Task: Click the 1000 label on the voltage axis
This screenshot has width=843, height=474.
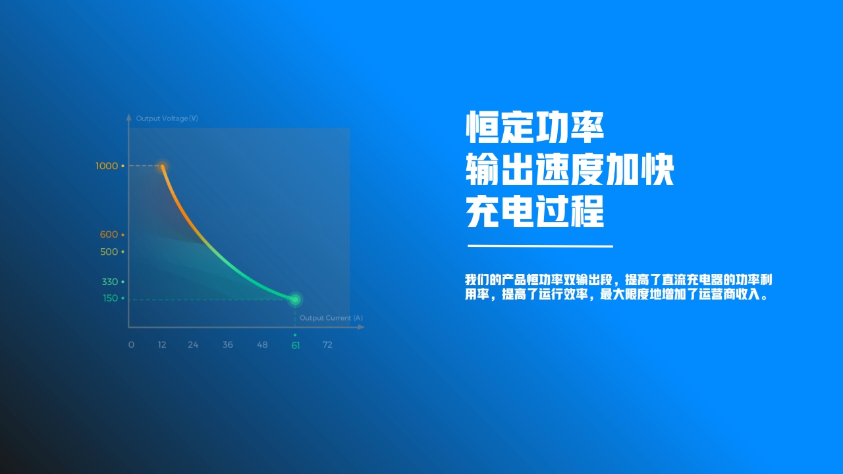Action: pos(107,166)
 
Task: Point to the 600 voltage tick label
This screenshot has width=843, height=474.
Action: pos(109,234)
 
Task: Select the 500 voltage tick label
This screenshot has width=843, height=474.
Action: pos(109,251)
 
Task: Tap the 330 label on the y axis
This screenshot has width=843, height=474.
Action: pos(110,282)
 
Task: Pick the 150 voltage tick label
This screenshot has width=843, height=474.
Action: pos(111,298)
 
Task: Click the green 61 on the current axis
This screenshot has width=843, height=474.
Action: pos(296,346)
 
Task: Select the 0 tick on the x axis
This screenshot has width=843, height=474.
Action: pos(131,344)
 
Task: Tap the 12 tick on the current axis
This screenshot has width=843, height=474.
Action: pos(162,344)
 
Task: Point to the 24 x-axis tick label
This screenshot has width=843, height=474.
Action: pos(193,344)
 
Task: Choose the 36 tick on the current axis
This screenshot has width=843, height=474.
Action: pos(228,344)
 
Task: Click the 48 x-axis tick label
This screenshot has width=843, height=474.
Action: pos(262,344)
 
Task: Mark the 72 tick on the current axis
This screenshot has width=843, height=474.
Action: pos(327,344)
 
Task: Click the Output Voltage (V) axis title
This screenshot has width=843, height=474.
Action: pos(167,118)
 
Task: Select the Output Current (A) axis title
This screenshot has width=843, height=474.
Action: pos(331,318)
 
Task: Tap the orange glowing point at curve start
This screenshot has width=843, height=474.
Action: pos(163,167)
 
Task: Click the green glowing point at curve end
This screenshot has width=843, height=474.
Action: pos(296,300)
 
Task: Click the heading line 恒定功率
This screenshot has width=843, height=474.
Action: pos(535,127)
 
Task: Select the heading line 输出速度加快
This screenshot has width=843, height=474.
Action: pos(570,169)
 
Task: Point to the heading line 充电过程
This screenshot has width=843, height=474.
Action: pos(535,211)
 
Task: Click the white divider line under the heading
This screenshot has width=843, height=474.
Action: pos(541,246)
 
